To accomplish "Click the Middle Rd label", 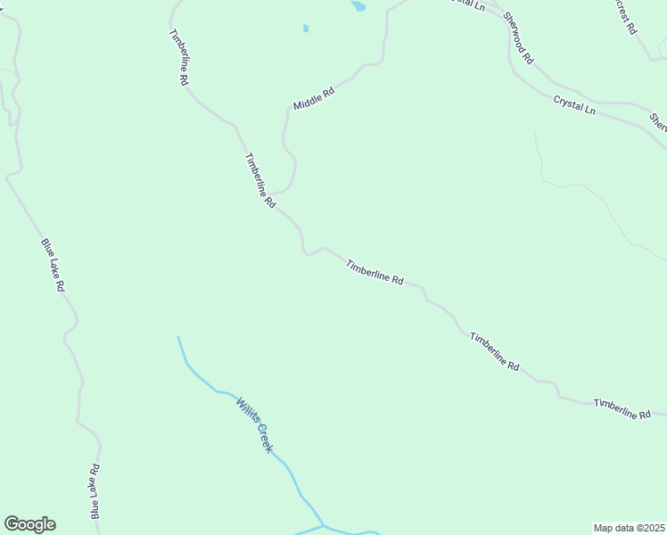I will coord(313,97).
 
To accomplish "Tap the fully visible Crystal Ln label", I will coord(573,104).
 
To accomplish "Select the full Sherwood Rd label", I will coord(517,38).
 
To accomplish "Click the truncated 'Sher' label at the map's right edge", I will coord(657,121).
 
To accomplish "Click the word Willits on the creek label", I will coord(248,411).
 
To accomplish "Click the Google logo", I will coord(29,524).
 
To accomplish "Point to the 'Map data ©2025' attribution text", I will coord(629,528).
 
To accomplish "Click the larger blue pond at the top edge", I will coord(358,6).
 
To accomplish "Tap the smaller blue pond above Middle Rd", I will coord(305,29).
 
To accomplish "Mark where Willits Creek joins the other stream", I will coord(323,525).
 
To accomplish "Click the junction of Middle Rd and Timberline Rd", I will coord(271,193).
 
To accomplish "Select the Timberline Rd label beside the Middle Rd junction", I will coord(259,180).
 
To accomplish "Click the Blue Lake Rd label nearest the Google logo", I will coord(95,491).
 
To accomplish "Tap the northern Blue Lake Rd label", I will coord(53,265).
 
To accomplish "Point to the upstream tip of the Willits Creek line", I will coord(178,337).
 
